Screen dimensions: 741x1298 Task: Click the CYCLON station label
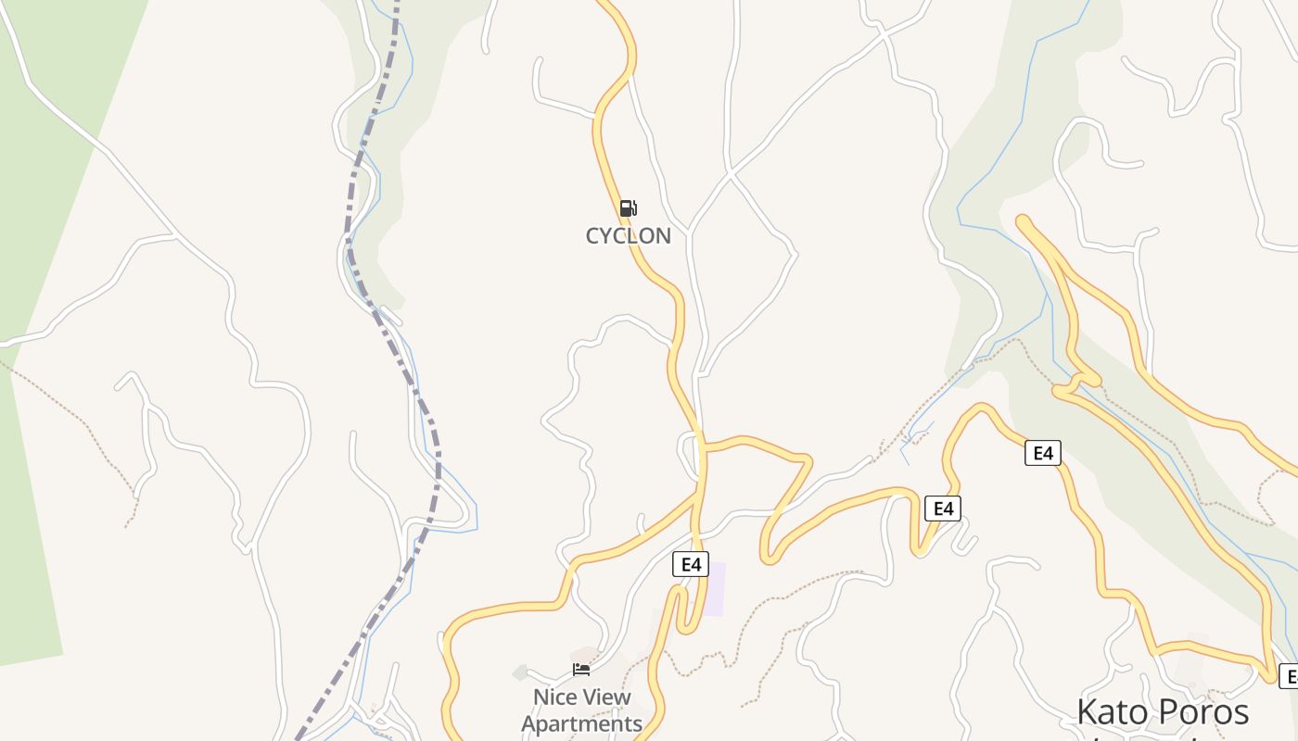click(628, 235)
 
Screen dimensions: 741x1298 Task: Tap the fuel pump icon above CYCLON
click(628, 208)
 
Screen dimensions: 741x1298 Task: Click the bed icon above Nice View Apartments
click(581, 670)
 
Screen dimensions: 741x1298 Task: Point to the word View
click(606, 697)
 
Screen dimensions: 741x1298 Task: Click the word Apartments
click(581, 723)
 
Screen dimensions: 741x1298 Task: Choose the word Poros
click(1203, 712)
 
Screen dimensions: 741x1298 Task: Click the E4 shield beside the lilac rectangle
click(690, 564)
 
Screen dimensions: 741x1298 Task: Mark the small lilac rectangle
click(713, 589)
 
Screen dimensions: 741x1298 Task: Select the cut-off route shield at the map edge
click(1288, 675)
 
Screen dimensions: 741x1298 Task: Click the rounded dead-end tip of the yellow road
click(1024, 221)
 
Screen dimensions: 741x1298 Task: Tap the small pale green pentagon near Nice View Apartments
click(520, 673)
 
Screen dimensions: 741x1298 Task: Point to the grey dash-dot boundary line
click(389, 333)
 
